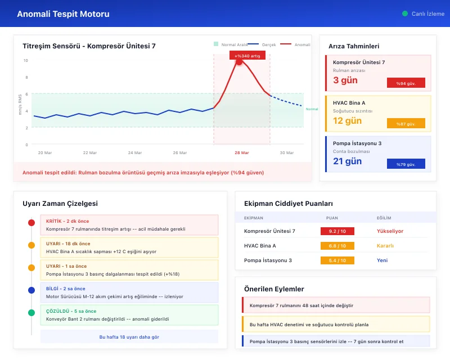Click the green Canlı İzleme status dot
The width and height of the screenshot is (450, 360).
[x=405, y=13]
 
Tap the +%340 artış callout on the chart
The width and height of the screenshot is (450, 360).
[x=247, y=55]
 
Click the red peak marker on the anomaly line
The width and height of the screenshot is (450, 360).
[x=238, y=62]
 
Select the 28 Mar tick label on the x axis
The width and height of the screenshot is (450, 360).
[x=242, y=152]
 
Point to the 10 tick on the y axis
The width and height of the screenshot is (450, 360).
[x=25, y=60]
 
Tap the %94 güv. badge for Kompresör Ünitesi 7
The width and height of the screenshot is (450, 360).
[x=406, y=83]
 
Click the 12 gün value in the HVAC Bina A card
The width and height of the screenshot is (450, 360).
[x=347, y=120]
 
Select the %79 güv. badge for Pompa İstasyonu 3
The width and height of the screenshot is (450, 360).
[x=406, y=164]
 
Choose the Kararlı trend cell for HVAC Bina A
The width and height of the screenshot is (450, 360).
[x=385, y=246]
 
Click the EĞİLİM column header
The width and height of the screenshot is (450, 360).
[x=384, y=217]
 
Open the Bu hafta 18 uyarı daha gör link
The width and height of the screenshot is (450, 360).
[x=129, y=336]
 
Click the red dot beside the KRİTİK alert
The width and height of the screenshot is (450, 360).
[x=31, y=223]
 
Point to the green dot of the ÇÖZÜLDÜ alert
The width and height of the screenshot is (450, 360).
[x=31, y=312]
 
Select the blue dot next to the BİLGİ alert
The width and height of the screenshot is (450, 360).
[x=31, y=290]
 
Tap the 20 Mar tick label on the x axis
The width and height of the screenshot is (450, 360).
[x=44, y=152]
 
